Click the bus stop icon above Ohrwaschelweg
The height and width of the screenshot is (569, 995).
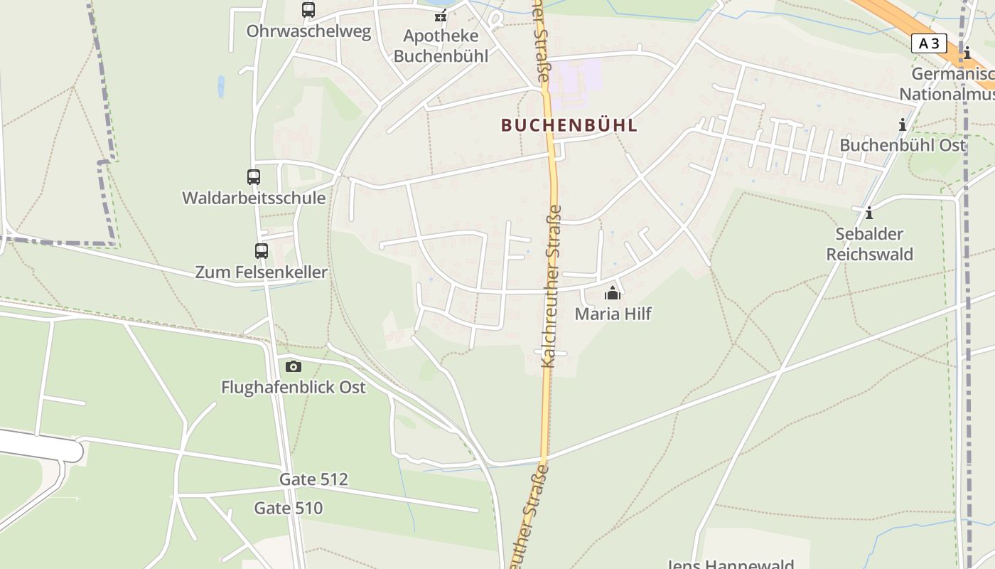(x=308, y=10)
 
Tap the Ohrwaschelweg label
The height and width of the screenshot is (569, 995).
(x=308, y=31)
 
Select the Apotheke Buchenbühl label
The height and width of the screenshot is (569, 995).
(x=441, y=46)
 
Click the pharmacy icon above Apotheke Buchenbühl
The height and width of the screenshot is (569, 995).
(x=441, y=14)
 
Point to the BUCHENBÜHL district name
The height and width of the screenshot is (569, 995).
(x=569, y=125)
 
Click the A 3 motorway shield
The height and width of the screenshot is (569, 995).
(x=929, y=43)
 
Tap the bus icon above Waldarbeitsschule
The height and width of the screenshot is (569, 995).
(x=254, y=177)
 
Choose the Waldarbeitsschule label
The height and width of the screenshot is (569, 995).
(x=254, y=198)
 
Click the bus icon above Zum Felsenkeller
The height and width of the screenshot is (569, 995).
(x=262, y=250)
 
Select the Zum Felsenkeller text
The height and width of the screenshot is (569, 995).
(x=262, y=272)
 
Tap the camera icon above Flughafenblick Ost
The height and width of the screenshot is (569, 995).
(x=294, y=366)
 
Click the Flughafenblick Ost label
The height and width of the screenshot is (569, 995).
(x=294, y=387)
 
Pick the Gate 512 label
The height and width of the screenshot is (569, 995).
(x=313, y=479)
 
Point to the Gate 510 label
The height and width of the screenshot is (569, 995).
(x=289, y=508)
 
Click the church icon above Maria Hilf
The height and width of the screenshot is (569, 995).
(x=613, y=293)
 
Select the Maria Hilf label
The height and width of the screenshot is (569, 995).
(x=613, y=314)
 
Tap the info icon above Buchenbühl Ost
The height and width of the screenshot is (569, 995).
(x=903, y=125)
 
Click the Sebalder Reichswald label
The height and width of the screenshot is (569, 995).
(x=869, y=244)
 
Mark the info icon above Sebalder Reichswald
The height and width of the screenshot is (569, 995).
(x=868, y=213)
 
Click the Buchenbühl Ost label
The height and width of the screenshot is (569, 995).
(x=903, y=145)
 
